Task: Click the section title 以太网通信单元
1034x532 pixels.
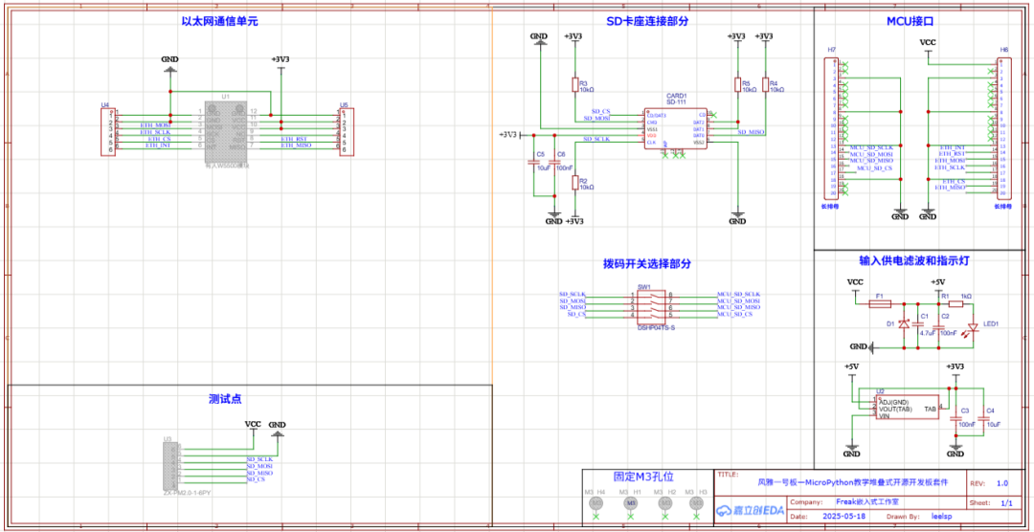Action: [219, 21]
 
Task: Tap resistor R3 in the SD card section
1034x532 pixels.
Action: [574, 86]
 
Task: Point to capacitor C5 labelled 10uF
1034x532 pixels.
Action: [536, 162]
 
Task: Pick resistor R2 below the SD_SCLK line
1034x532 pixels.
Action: [574, 183]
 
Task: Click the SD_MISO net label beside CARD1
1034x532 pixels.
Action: [750, 131]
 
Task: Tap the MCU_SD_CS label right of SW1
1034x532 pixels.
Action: [734, 314]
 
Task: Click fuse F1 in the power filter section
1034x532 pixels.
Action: [879, 303]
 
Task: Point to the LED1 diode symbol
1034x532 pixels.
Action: [974, 326]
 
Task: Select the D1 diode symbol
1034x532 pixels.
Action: [904, 324]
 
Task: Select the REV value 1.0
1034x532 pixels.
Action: [1001, 484]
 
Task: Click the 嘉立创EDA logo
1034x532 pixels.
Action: [753, 510]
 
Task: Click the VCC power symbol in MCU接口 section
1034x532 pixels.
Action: [928, 43]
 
